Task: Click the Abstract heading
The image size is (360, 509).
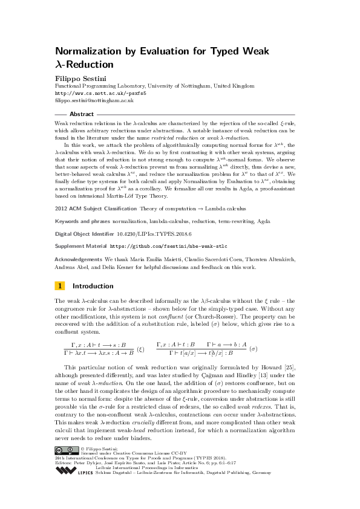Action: tap(82, 114)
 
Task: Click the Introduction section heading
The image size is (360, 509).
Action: tap(93, 286)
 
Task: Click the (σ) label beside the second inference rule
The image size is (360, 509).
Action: tap(254, 349)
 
